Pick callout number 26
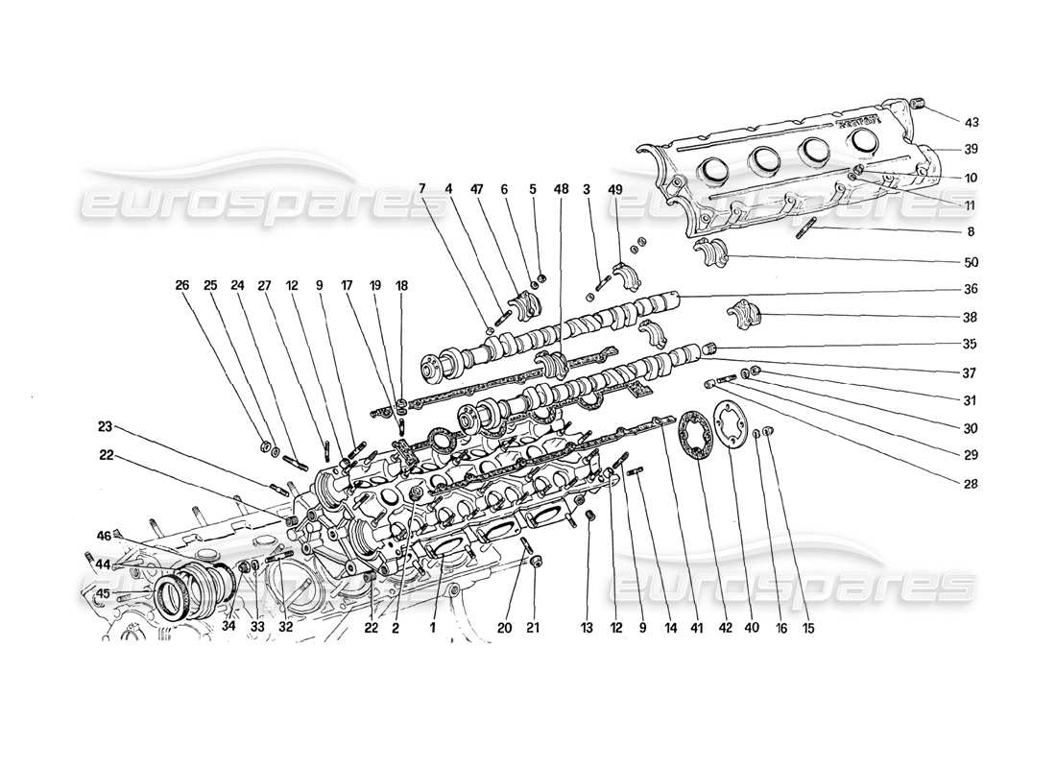pyautogui.click(x=182, y=285)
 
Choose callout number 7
pyautogui.click(x=422, y=189)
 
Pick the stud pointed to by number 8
pyautogui.click(x=804, y=229)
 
